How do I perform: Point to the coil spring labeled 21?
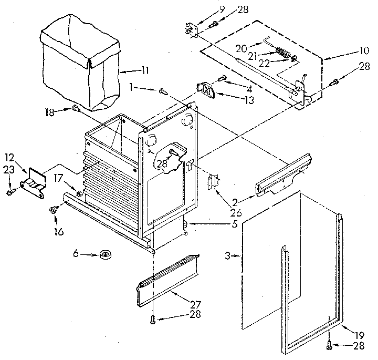(x=284, y=53)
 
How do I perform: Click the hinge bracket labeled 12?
(x=34, y=180)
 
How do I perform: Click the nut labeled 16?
(x=53, y=210)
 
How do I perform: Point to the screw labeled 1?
(x=163, y=91)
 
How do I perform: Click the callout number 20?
(x=241, y=48)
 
